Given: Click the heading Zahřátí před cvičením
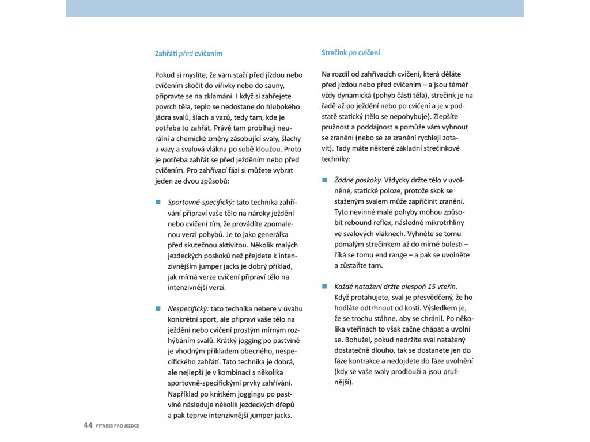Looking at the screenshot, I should point(188,54).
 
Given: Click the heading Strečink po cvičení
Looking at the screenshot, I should point(350,53).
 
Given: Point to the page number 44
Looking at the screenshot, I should point(88,425).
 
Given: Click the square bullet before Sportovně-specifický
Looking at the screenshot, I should point(157,203).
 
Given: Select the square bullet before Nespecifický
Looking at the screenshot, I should point(157,308).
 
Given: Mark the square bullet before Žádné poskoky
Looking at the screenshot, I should point(324,180).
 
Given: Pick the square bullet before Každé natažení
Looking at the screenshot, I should point(324,286).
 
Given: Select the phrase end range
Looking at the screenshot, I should point(398,254).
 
